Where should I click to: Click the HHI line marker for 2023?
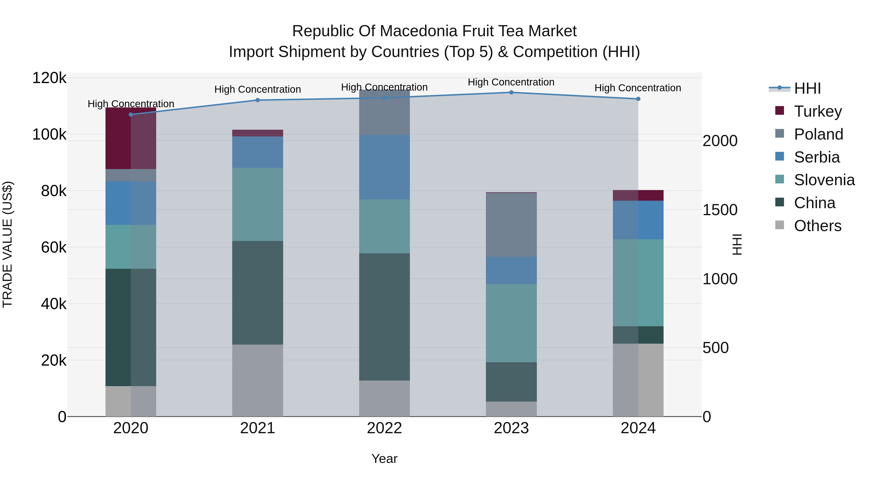pyautogui.click(x=511, y=92)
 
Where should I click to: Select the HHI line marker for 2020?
pyautogui.click(x=131, y=114)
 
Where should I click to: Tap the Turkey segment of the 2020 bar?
pyautogui.click(x=131, y=138)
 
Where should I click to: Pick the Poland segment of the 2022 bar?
pyautogui.click(x=384, y=112)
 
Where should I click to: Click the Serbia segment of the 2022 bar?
pyautogui.click(x=384, y=167)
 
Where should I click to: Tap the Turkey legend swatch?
pyautogui.click(x=780, y=110)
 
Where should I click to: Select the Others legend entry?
pyautogui.click(x=817, y=226)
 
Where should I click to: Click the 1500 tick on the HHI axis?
pyautogui.click(x=720, y=210)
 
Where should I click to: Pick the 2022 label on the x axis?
pyautogui.click(x=384, y=428)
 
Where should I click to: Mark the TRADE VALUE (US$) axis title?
pyautogui.click(x=7, y=244)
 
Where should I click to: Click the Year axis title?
pyautogui.click(x=384, y=459)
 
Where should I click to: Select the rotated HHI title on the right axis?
pyautogui.click(x=737, y=244)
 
